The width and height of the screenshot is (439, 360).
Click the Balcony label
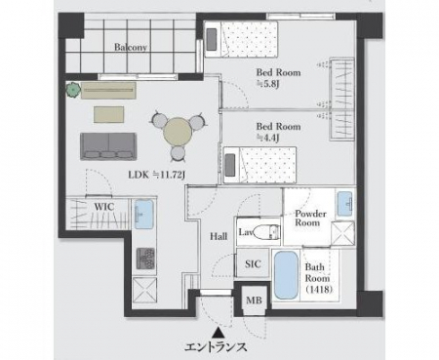pos(131,47)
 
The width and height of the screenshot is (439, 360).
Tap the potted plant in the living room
pos(74,90)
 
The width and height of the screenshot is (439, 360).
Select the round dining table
pos(177,132)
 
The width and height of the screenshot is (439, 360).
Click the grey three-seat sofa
pos(108,146)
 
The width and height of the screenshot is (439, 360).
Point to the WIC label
pos(104,207)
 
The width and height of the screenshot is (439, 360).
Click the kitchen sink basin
pos(143,214)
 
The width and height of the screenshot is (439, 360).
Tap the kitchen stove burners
pos(145,258)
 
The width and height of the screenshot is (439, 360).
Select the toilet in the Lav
pos(266,232)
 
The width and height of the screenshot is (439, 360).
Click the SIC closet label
pos(253,263)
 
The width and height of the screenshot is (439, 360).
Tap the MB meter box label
pos(254,300)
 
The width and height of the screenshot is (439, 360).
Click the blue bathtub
pos(286,275)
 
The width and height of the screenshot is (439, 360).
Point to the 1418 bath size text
pos(319,289)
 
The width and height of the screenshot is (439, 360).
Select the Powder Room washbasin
pos(345,204)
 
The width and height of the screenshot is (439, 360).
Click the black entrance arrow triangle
pos(219,333)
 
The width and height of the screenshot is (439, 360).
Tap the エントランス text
pos(216,347)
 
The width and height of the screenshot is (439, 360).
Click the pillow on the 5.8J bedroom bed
pos(212,40)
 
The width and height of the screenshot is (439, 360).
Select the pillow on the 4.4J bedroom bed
pos(230,165)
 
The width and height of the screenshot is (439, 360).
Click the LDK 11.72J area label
pos(157,175)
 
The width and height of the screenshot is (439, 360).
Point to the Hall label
pos(219,236)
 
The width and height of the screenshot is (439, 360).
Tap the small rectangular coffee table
pos(109,114)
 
